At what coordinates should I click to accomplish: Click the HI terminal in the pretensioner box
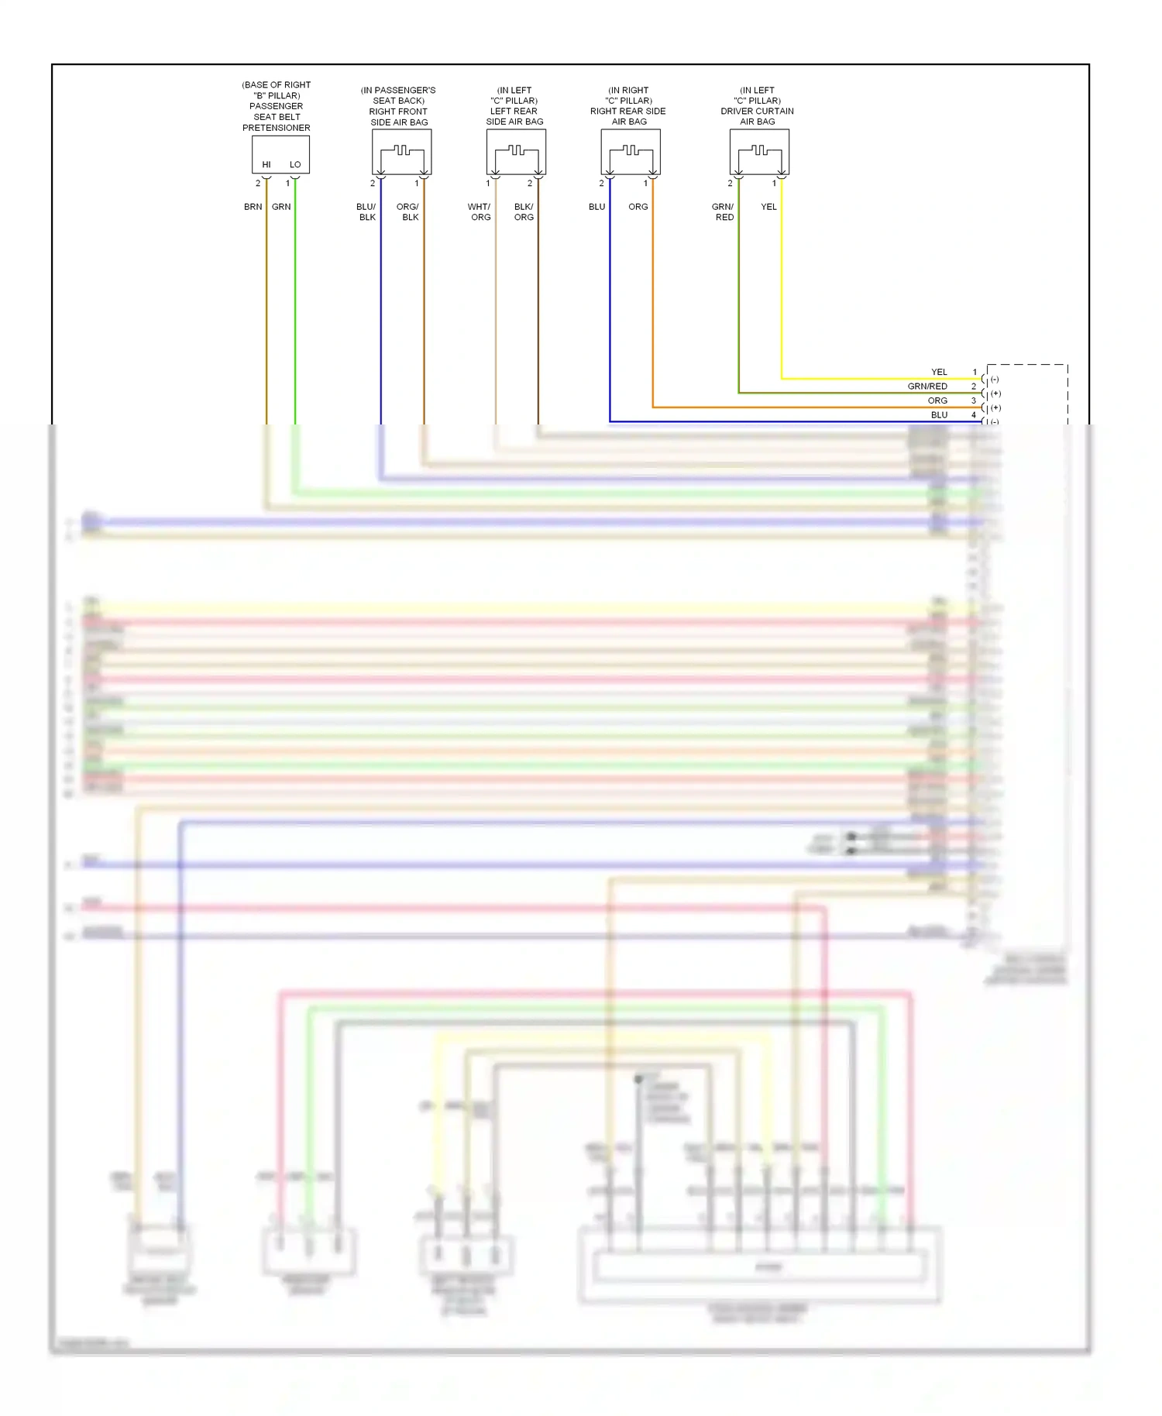(x=266, y=164)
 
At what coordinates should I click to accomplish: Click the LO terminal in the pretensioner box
(x=295, y=164)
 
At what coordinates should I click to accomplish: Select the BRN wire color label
(x=253, y=207)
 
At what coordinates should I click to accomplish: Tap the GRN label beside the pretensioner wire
(x=281, y=207)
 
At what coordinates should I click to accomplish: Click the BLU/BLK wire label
(x=366, y=211)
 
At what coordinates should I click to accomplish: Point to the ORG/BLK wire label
(x=408, y=211)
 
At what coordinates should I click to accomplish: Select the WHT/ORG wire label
(x=480, y=211)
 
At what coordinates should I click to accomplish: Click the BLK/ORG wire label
(x=524, y=211)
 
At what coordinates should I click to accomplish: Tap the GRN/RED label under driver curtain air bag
(x=723, y=211)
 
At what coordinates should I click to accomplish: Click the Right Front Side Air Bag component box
(x=401, y=151)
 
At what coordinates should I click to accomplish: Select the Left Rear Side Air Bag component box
(x=516, y=151)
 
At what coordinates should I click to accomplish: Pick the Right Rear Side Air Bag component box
(x=631, y=151)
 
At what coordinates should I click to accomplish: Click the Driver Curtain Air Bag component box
(x=759, y=151)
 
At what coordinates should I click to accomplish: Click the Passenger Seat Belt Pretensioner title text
(x=277, y=106)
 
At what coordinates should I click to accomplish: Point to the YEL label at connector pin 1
(x=939, y=372)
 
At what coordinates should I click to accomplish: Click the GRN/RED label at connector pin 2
(x=927, y=386)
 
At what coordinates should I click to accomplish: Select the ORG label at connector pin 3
(x=937, y=400)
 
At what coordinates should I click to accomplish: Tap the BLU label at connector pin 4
(x=939, y=415)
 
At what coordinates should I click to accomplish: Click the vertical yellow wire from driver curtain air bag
(x=781, y=294)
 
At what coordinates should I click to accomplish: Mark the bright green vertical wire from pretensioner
(x=295, y=310)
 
